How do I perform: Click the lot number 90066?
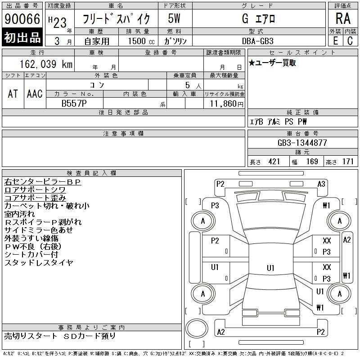pos(22,19)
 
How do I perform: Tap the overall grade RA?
pos(343,18)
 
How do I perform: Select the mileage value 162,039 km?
pos(46,64)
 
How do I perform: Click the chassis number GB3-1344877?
pos(302,143)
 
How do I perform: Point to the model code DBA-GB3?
pos(258,41)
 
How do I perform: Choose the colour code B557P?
pos(74,103)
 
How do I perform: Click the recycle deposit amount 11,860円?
pos(226,104)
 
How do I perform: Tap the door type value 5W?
pos(174,18)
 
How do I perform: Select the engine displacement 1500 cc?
pos(141,41)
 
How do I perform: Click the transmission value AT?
pos(13,94)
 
